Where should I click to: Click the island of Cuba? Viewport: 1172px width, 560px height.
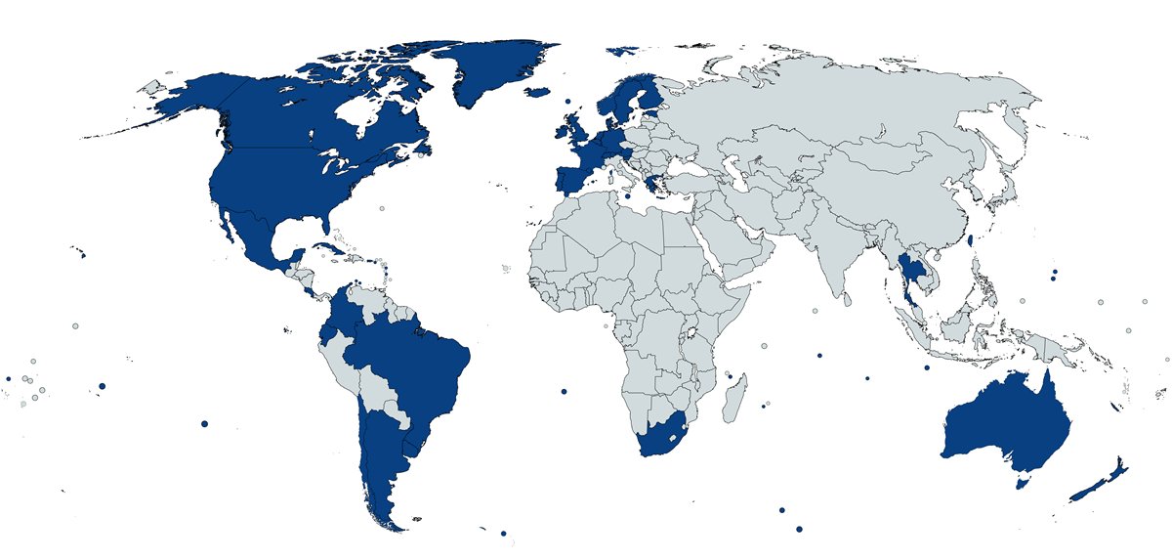[x=332, y=248]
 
